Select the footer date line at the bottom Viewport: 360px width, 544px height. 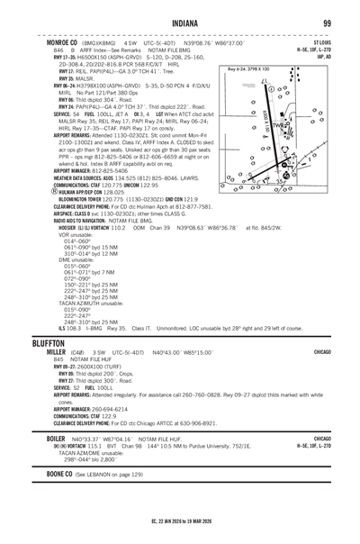[x=180, y=531]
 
